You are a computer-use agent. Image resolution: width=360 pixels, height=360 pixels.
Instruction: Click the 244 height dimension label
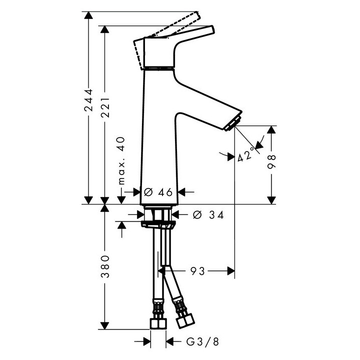coord(88,104)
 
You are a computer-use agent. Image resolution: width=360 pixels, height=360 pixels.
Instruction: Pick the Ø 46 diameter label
coord(158,191)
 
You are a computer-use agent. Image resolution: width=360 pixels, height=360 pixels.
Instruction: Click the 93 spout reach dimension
coord(197,271)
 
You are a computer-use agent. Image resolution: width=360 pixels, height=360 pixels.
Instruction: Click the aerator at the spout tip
coord(233,123)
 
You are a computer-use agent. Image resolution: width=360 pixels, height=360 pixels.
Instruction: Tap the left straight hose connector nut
coord(158,321)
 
